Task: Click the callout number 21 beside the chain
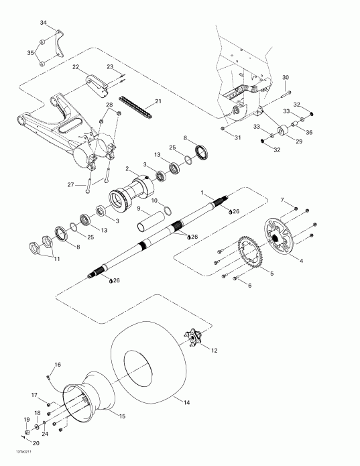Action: coord(158,101)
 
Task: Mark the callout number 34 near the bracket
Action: coord(44,23)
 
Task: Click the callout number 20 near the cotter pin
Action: coord(36,443)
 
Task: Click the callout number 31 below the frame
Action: coord(237,138)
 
